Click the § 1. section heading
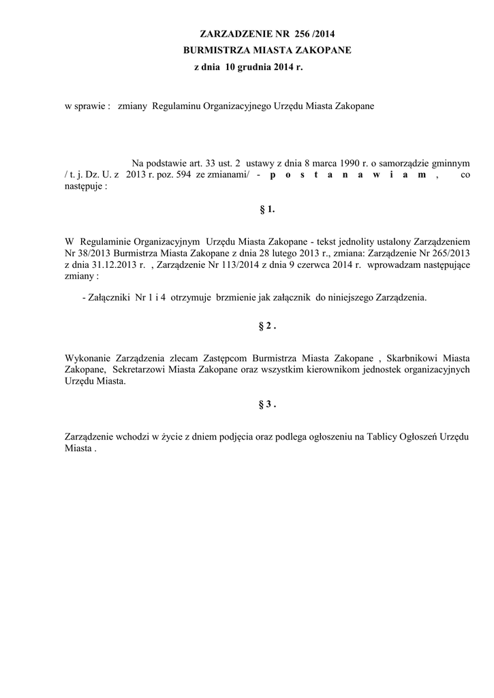(267, 210)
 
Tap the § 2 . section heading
(267, 327)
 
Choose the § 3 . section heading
(267, 404)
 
